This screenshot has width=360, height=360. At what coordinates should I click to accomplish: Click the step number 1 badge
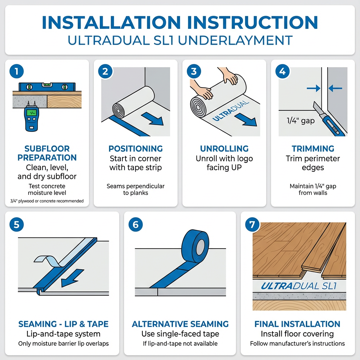click(17, 71)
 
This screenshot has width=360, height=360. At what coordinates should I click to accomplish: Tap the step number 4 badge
click(282, 71)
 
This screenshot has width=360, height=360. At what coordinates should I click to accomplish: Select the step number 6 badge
click(135, 224)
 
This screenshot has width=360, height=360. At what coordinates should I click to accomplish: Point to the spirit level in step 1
click(47, 87)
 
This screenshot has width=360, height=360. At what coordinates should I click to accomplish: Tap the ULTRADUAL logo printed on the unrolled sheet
click(231, 111)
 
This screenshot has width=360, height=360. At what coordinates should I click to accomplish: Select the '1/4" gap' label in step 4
click(301, 121)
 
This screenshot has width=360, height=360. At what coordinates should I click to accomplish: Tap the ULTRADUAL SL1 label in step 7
click(299, 286)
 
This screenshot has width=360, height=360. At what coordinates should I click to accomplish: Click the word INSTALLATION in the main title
click(111, 22)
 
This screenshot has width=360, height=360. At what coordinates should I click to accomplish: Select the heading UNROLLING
click(224, 149)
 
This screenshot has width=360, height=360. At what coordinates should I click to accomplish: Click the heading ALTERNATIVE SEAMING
click(180, 324)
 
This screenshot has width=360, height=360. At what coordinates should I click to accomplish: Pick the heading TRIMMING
click(313, 149)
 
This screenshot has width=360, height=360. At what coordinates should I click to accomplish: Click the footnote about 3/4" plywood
click(47, 201)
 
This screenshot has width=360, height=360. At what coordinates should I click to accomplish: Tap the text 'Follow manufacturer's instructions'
click(297, 343)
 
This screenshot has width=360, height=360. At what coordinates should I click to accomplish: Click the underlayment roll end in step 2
click(118, 111)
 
